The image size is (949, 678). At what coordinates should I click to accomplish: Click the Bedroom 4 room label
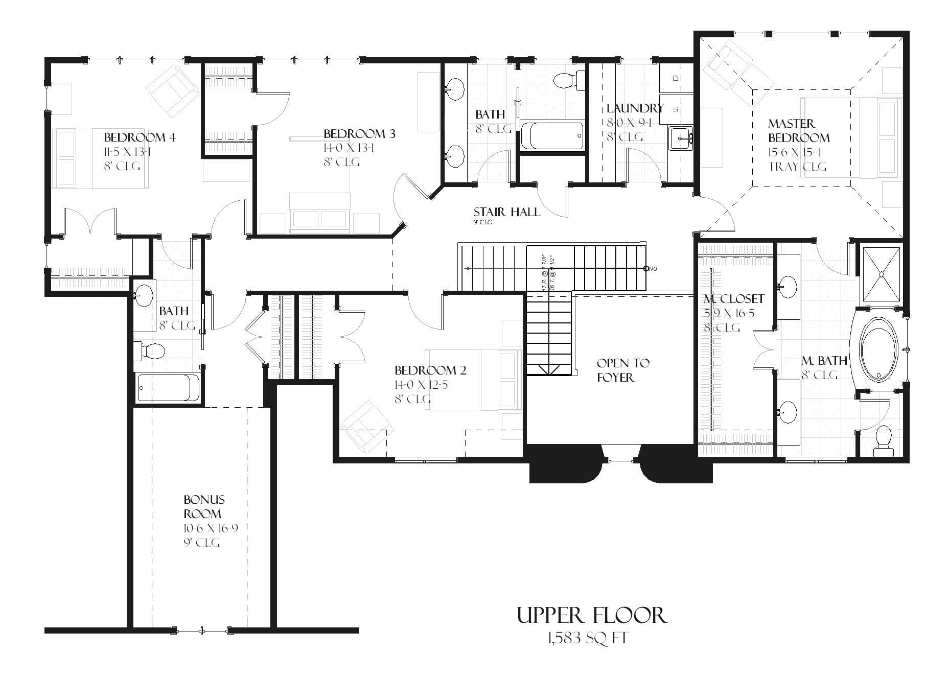click(x=140, y=137)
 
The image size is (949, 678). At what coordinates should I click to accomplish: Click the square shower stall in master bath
click(x=882, y=274)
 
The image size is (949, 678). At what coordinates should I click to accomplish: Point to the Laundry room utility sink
click(x=681, y=138)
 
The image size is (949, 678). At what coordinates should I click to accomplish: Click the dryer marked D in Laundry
click(x=676, y=78)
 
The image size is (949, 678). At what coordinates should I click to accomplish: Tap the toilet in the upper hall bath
click(x=566, y=80)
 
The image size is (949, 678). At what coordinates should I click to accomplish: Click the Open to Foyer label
click(x=622, y=370)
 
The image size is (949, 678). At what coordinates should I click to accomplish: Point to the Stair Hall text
click(x=506, y=212)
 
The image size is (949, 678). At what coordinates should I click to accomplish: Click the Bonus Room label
click(x=203, y=506)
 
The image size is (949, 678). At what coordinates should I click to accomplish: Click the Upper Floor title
click(x=592, y=615)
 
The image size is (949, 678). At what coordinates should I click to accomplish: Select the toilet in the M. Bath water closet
click(x=883, y=441)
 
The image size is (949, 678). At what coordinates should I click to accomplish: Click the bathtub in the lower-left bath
click(x=168, y=388)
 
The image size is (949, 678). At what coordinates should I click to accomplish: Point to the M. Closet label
click(x=734, y=299)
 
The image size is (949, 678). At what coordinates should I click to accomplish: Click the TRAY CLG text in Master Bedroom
click(x=797, y=167)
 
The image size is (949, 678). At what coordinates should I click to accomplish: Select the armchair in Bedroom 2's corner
click(x=364, y=423)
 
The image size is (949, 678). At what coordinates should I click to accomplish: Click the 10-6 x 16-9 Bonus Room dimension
click(x=211, y=528)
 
